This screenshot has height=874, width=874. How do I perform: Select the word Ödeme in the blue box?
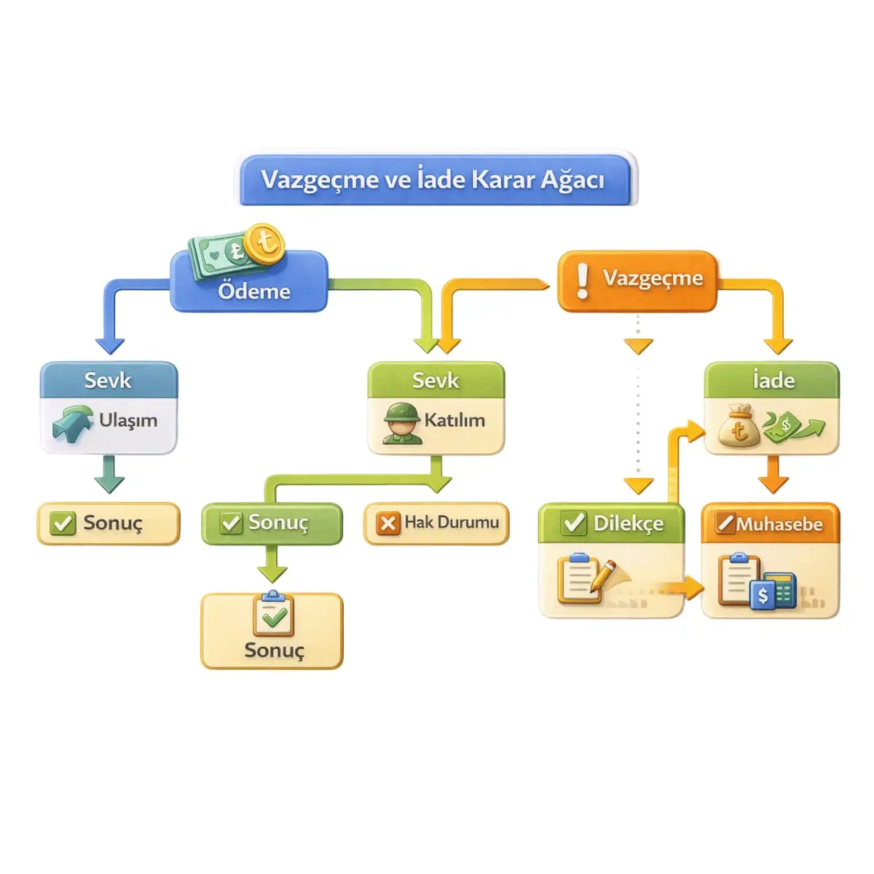(253, 291)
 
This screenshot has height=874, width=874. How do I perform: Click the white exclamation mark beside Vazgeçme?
(583, 281)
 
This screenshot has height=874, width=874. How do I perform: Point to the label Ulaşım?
(128, 420)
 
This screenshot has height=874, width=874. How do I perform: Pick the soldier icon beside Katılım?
(402, 422)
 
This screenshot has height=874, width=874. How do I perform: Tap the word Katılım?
(454, 420)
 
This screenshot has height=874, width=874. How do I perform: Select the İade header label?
(773, 380)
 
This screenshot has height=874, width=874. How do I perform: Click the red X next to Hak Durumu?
(387, 524)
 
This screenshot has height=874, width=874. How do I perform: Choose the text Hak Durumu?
(452, 522)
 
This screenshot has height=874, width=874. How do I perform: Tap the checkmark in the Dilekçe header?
(574, 522)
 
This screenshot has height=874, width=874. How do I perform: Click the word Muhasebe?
(779, 524)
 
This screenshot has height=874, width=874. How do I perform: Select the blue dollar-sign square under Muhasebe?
(763, 594)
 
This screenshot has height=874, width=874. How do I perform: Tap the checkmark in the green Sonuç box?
(231, 522)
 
